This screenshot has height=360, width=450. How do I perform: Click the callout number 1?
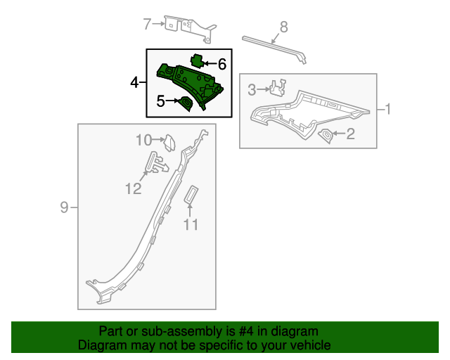pos(387,109)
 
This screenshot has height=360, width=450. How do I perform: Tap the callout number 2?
pos(349,134)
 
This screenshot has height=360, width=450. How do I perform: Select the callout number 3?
pos(252,89)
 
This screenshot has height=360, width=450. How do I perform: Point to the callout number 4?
pos(134,83)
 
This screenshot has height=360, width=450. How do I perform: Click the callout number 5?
pos(160,101)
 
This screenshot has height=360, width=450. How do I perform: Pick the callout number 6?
pos(221,64)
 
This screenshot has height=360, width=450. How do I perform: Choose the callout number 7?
pos(147,25)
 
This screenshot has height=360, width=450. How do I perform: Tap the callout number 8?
pos(283,27)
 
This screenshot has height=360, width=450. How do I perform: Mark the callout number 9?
pos(64,207)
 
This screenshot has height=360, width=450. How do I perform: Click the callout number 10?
pos(143,140)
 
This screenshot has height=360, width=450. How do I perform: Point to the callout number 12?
pos(134,188)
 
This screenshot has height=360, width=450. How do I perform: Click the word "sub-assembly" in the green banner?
pos(163,331)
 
